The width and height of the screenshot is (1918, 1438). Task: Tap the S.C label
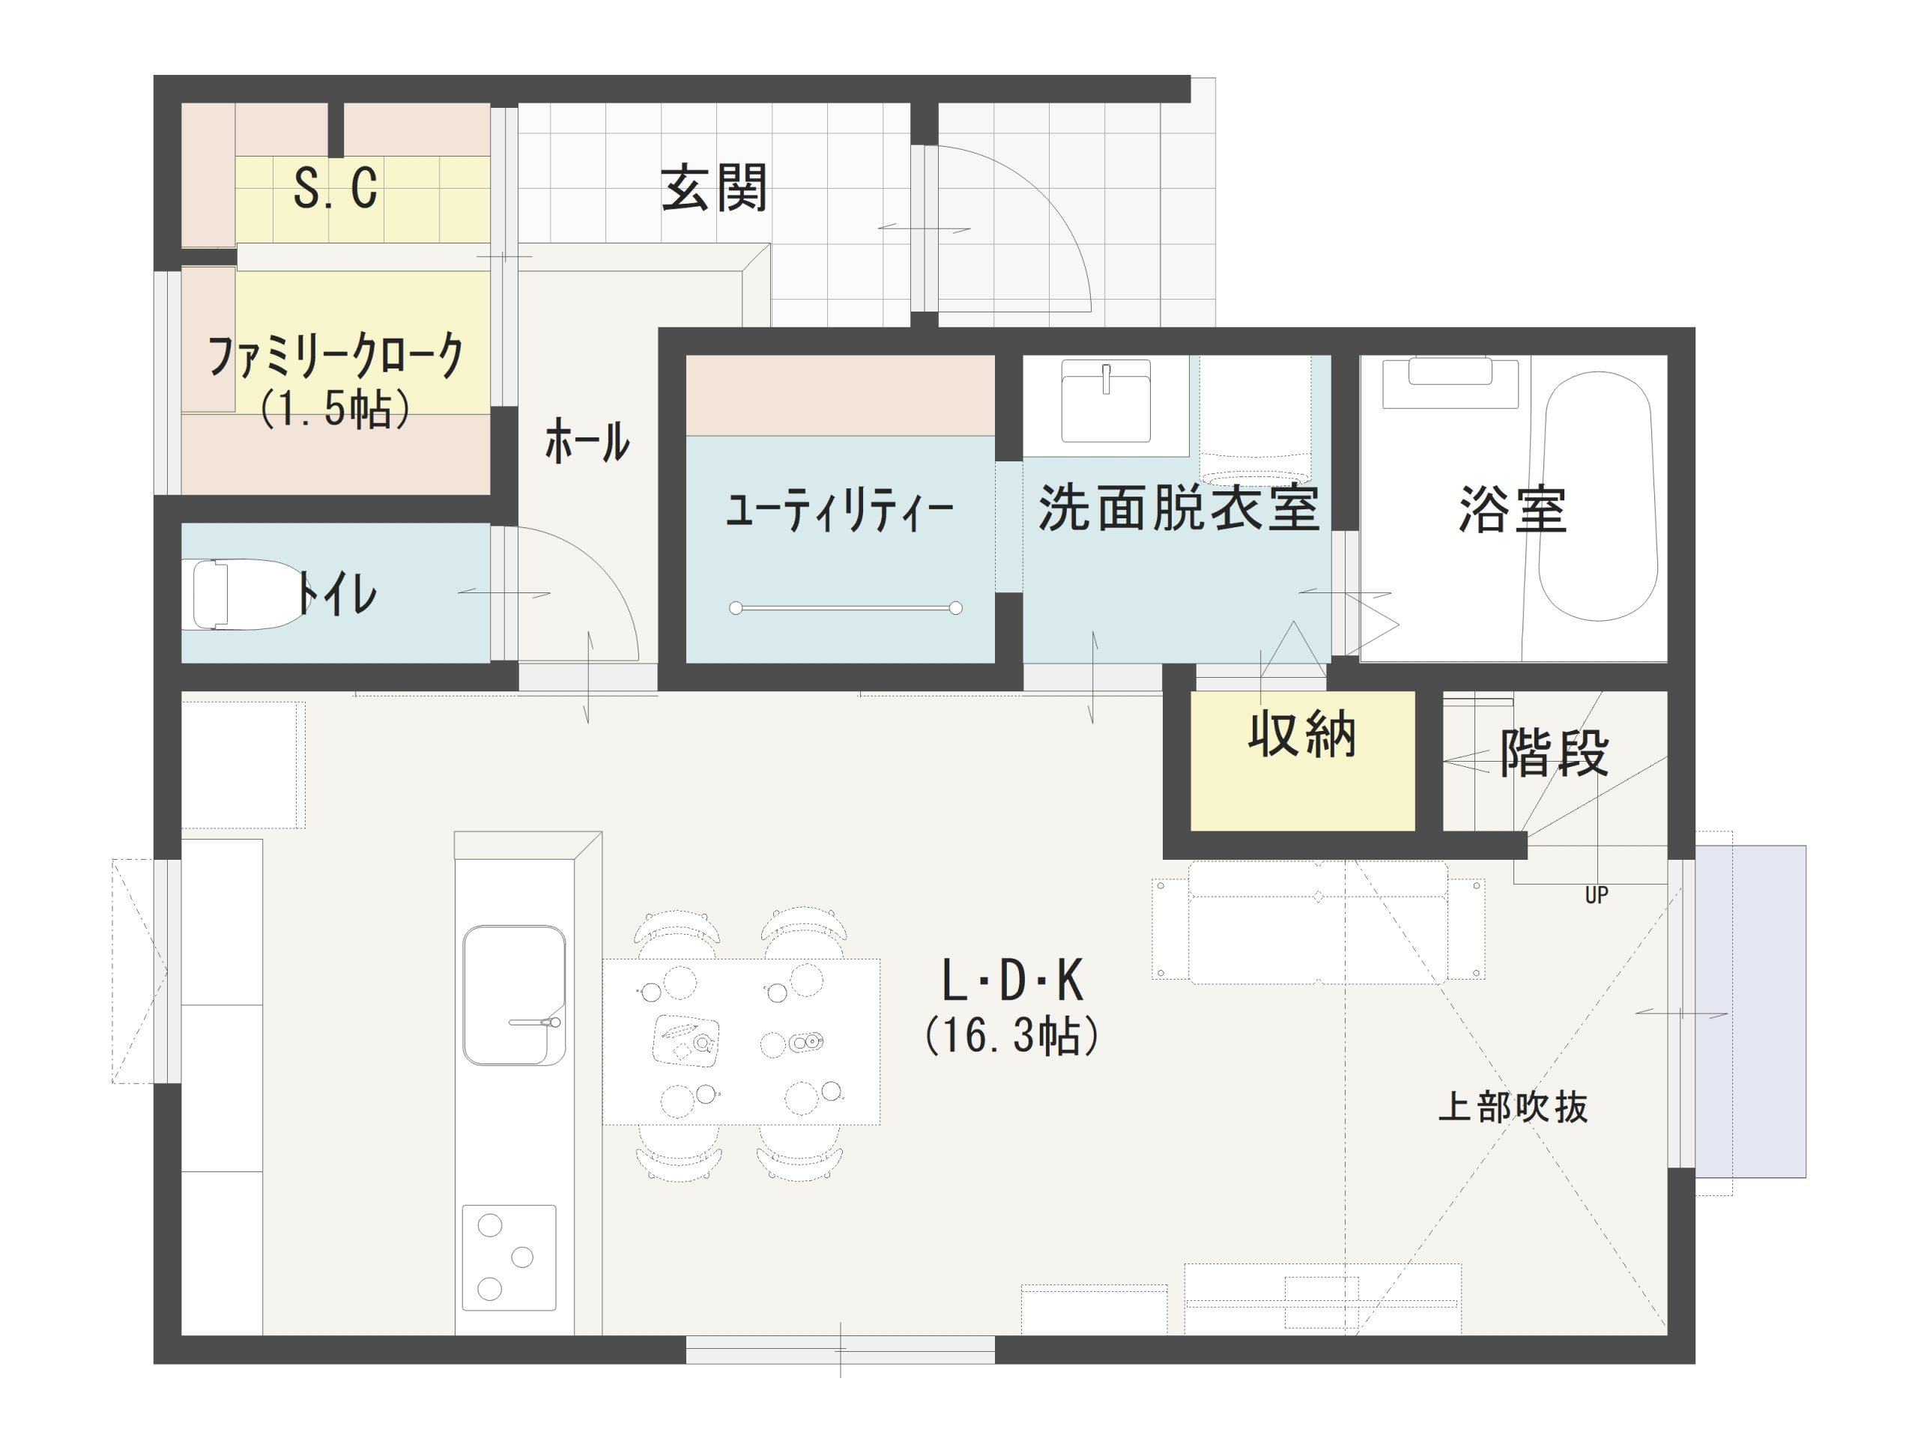[336, 187]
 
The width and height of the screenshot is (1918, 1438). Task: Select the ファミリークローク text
[336, 357]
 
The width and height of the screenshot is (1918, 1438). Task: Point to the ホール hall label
[587, 441]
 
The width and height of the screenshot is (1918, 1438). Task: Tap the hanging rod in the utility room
[845, 607]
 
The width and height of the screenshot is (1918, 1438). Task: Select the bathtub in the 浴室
[1598, 496]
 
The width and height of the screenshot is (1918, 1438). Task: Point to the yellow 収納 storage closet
[1302, 760]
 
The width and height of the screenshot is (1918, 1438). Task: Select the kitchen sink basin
[514, 995]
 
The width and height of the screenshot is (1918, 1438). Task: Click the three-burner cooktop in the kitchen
[509, 1257]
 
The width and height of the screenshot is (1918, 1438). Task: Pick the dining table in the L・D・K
[742, 1041]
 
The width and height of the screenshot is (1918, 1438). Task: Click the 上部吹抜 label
[1513, 1108]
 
